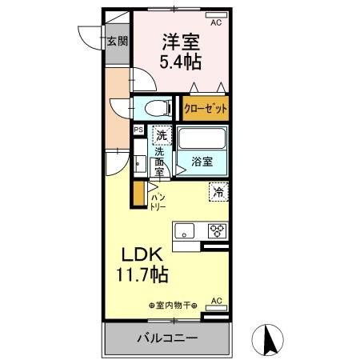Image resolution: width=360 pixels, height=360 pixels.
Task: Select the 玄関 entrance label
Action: [118, 42]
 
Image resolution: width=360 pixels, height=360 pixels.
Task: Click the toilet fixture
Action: [156, 106]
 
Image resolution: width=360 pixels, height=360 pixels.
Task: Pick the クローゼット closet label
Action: [206, 108]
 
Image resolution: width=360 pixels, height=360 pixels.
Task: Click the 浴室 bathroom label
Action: [202, 162]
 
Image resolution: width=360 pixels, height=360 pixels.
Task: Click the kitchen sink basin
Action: [186, 232]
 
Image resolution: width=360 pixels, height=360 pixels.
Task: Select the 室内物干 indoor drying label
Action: [173, 305]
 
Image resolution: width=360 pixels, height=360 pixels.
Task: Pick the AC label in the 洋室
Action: [215, 23]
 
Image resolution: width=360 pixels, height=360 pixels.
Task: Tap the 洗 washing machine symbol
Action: [162, 134]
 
